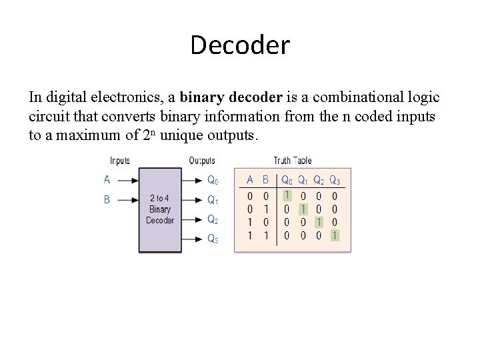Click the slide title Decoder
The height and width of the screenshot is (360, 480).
tap(240, 45)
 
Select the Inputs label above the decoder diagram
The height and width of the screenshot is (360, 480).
tap(120, 161)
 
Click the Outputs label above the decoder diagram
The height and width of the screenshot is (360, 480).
tap(202, 161)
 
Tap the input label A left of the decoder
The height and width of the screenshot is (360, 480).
tap(107, 180)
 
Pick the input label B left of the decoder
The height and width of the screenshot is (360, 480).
tap(107, 199)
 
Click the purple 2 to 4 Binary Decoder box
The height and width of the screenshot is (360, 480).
tap(160, 209)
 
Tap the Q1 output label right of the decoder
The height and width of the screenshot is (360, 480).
tap(212, 200)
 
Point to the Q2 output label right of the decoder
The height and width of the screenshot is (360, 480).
tap(212, 219)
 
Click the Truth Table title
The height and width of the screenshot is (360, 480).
tap(293, 161)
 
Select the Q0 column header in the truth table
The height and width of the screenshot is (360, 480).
tap(287, 181)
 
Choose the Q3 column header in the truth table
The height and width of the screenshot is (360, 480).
tap(335, 181)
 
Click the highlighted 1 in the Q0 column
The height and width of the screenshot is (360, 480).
tap(287, 196)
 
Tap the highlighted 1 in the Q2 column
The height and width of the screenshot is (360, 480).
tap(319, 222)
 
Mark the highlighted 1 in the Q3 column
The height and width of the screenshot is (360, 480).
tap(335, 235)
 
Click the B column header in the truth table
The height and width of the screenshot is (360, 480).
tap(266, 180)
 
